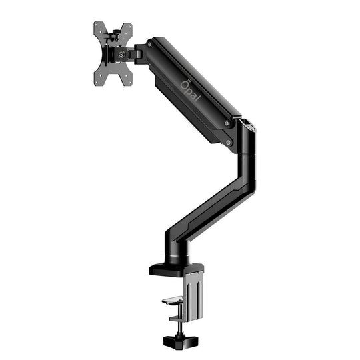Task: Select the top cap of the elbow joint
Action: [x=247, y=123]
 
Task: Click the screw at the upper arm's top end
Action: [x=149, y=45]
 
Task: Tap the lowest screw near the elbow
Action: [x=229, y=142]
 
